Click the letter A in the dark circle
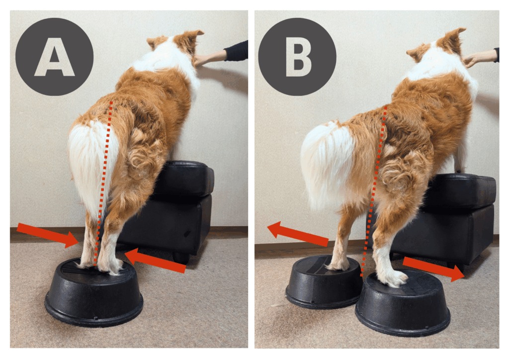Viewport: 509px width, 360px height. [x=55, y=58]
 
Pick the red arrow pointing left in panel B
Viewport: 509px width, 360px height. [x=298, y=234]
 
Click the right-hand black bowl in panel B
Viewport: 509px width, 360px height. [x=403, y=303]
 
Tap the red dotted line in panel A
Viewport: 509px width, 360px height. [x=103, y=183]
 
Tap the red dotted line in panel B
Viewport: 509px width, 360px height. [x=374, y=191]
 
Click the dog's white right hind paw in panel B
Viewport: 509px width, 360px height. [x=394, y=278]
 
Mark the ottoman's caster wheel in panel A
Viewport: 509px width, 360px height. [x=181, y=258]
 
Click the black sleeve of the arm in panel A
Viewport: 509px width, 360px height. [x=236, y=51]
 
